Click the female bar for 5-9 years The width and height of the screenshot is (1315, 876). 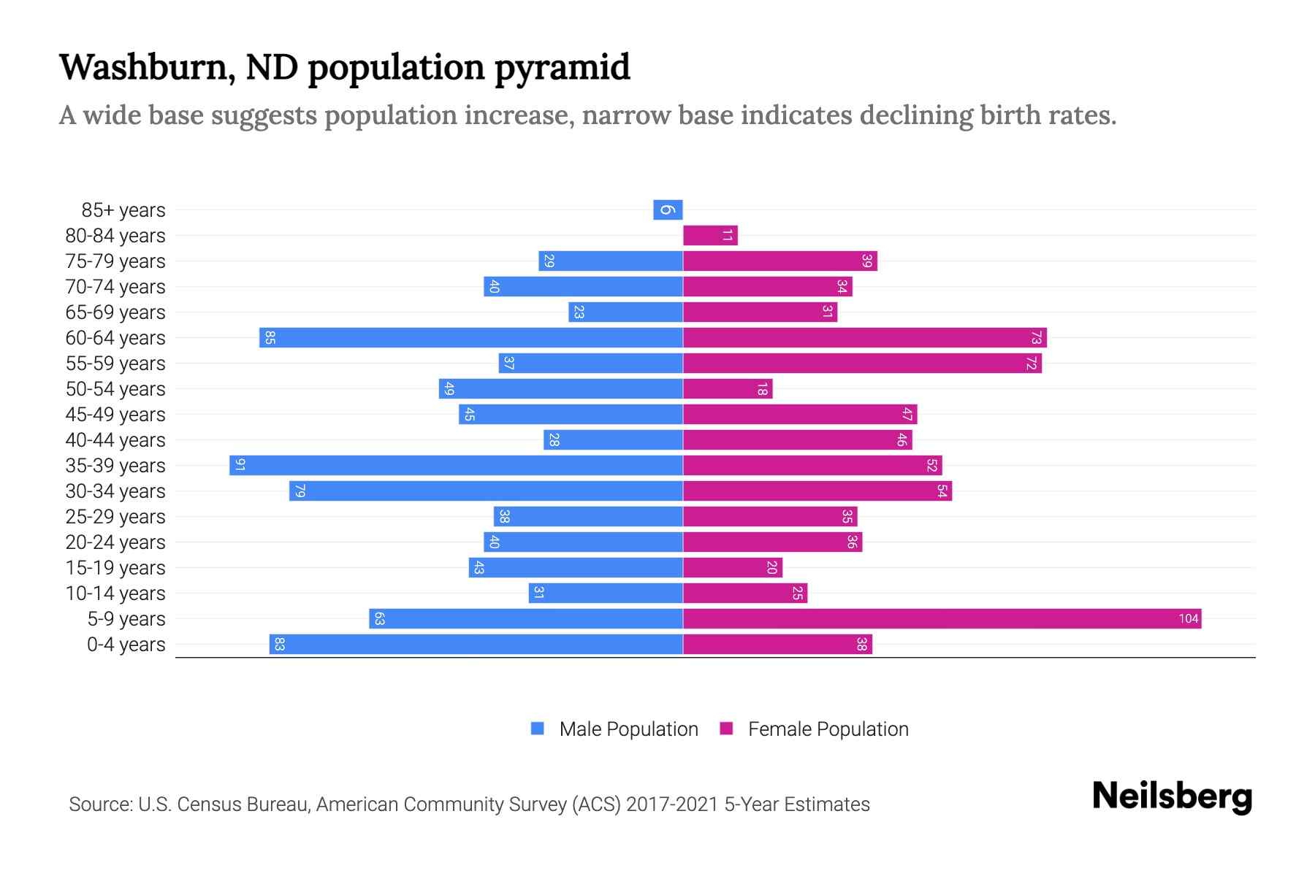[x=942, y=619]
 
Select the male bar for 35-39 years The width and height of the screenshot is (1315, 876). [x=457, y=466]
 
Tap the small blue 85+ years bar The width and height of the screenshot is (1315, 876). [x=668, y=210]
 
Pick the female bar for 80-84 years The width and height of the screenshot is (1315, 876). [x=710, y=236]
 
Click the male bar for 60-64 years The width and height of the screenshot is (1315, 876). [x=471, y=338]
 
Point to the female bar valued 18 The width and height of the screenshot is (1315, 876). [x=728, y=389]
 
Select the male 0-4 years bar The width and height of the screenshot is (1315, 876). [x=476, y=645]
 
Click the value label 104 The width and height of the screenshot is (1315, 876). [x=1188, y=619]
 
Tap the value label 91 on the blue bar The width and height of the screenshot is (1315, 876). [x=240, y=466]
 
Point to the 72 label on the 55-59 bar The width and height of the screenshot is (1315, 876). [x=1031, y=364]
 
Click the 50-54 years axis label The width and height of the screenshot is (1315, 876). [x=115, y=389]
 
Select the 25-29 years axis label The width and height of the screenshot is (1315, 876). [x=115, y=517]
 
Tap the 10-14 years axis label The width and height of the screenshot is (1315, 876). [x=115, y=593]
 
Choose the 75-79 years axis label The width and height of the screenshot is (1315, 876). [x=115, y=261]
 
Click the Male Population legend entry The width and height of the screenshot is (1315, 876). [x=628, y=729]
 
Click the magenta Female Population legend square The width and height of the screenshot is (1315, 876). [x=726, y=729]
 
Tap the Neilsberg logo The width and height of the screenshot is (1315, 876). [x=1172, y=796]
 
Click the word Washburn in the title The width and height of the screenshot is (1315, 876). [x=147, y=67]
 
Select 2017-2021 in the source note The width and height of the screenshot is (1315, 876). [x=671, y=804]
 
